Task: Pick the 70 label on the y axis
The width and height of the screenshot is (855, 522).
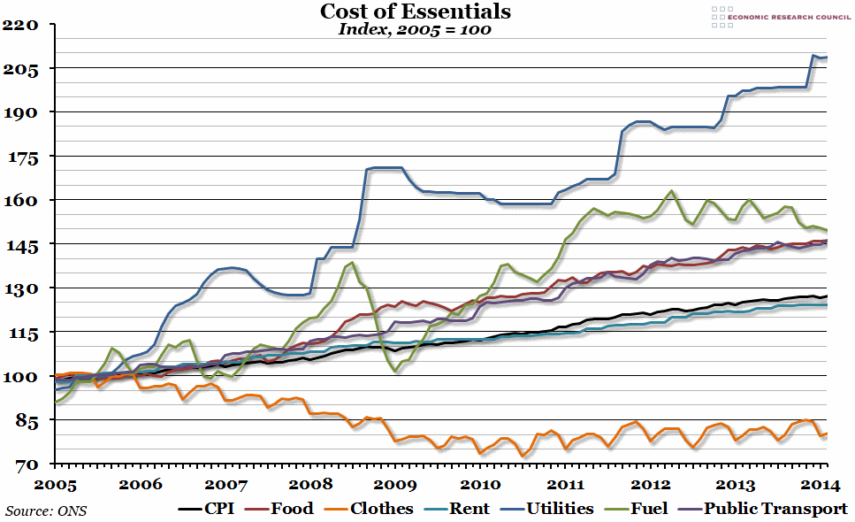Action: pyautogui.click(x=23, y=464)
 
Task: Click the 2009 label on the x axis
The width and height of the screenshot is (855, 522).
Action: pyautogui.click(x=395, y=484)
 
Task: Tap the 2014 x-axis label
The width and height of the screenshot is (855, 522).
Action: pyautogui.click(x=819, y=484)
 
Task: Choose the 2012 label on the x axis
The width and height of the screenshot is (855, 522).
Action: pyautogui.click(x=650, y=484)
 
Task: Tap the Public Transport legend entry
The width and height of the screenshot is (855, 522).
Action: pyautogui.click(x=760, y=509)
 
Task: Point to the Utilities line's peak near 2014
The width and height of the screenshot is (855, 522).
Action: pyautogui.click(x=813, y=56)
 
